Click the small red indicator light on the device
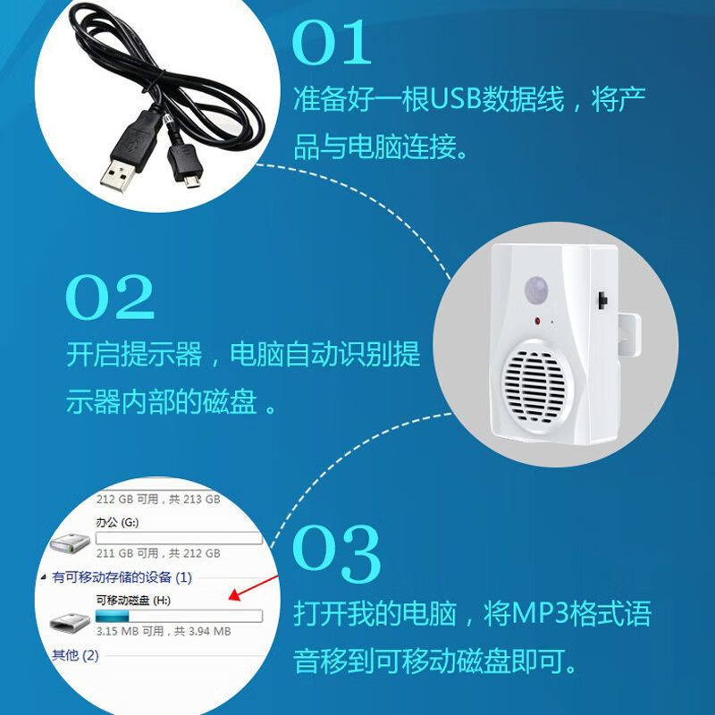coord(537,320)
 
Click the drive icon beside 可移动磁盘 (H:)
coord(68,623)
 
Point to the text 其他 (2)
coord(75,655)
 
